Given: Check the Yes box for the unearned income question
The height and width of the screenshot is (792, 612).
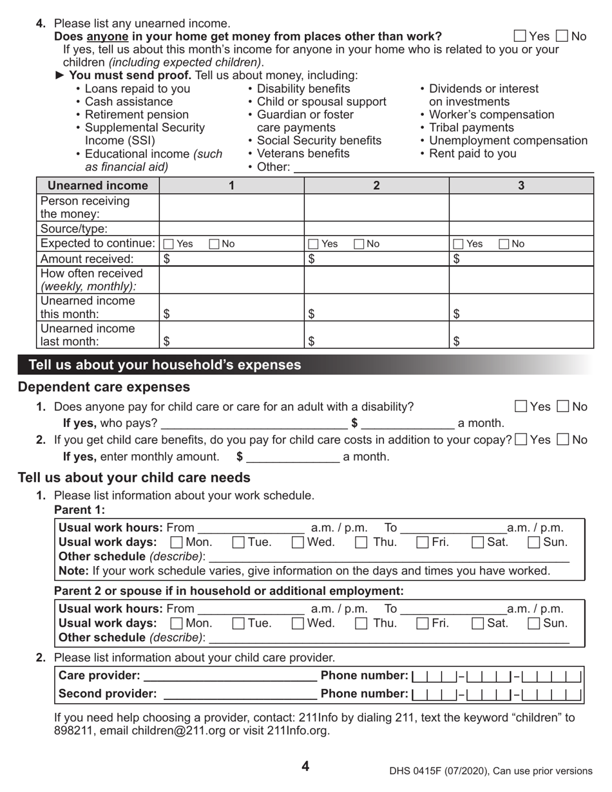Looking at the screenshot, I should click(x=521, y=36).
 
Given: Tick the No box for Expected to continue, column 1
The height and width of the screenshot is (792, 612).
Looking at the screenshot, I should click(x=214, y=244).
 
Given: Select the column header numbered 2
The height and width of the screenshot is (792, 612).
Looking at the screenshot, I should click(x=376, y=185).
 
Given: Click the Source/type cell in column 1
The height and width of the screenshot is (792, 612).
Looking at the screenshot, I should click(x=231, y=229).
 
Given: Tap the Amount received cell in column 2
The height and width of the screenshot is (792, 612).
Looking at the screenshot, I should click(x=376, y=259).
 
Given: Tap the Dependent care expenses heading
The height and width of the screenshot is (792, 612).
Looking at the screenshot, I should click(x=104, y=387).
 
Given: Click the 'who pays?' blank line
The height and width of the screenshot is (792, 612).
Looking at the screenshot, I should click(x=254, y=424).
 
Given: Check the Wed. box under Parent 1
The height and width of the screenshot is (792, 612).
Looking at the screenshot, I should click(x=298, y=542).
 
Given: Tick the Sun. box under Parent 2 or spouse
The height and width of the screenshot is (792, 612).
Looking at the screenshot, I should click(x=534, y=623).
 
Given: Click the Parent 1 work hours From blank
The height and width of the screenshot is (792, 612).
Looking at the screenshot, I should click(x=251, y=528).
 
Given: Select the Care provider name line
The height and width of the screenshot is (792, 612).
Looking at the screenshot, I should click(x=230, y=676).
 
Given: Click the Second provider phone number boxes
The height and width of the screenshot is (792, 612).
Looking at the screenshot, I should click(x=497, y=694).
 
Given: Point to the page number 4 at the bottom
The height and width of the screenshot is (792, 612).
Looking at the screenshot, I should click(x=305, y=766).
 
